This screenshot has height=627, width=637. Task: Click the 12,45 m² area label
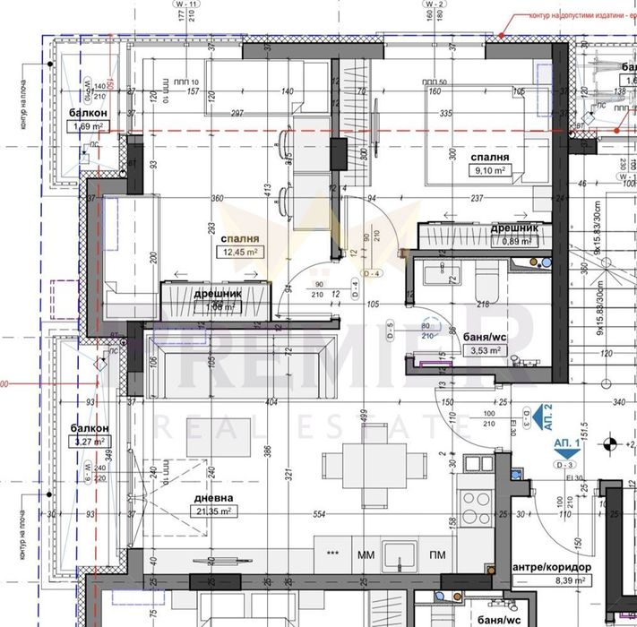point(242,253)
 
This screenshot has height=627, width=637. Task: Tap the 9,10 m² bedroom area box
point(491,168)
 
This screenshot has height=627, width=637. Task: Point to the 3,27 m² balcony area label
point(90,442)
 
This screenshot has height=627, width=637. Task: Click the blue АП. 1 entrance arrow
point(565,451)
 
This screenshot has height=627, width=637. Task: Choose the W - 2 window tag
point(436,4)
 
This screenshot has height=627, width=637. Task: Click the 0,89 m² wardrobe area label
point(515,240)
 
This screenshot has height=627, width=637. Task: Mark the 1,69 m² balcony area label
point(89,125)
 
